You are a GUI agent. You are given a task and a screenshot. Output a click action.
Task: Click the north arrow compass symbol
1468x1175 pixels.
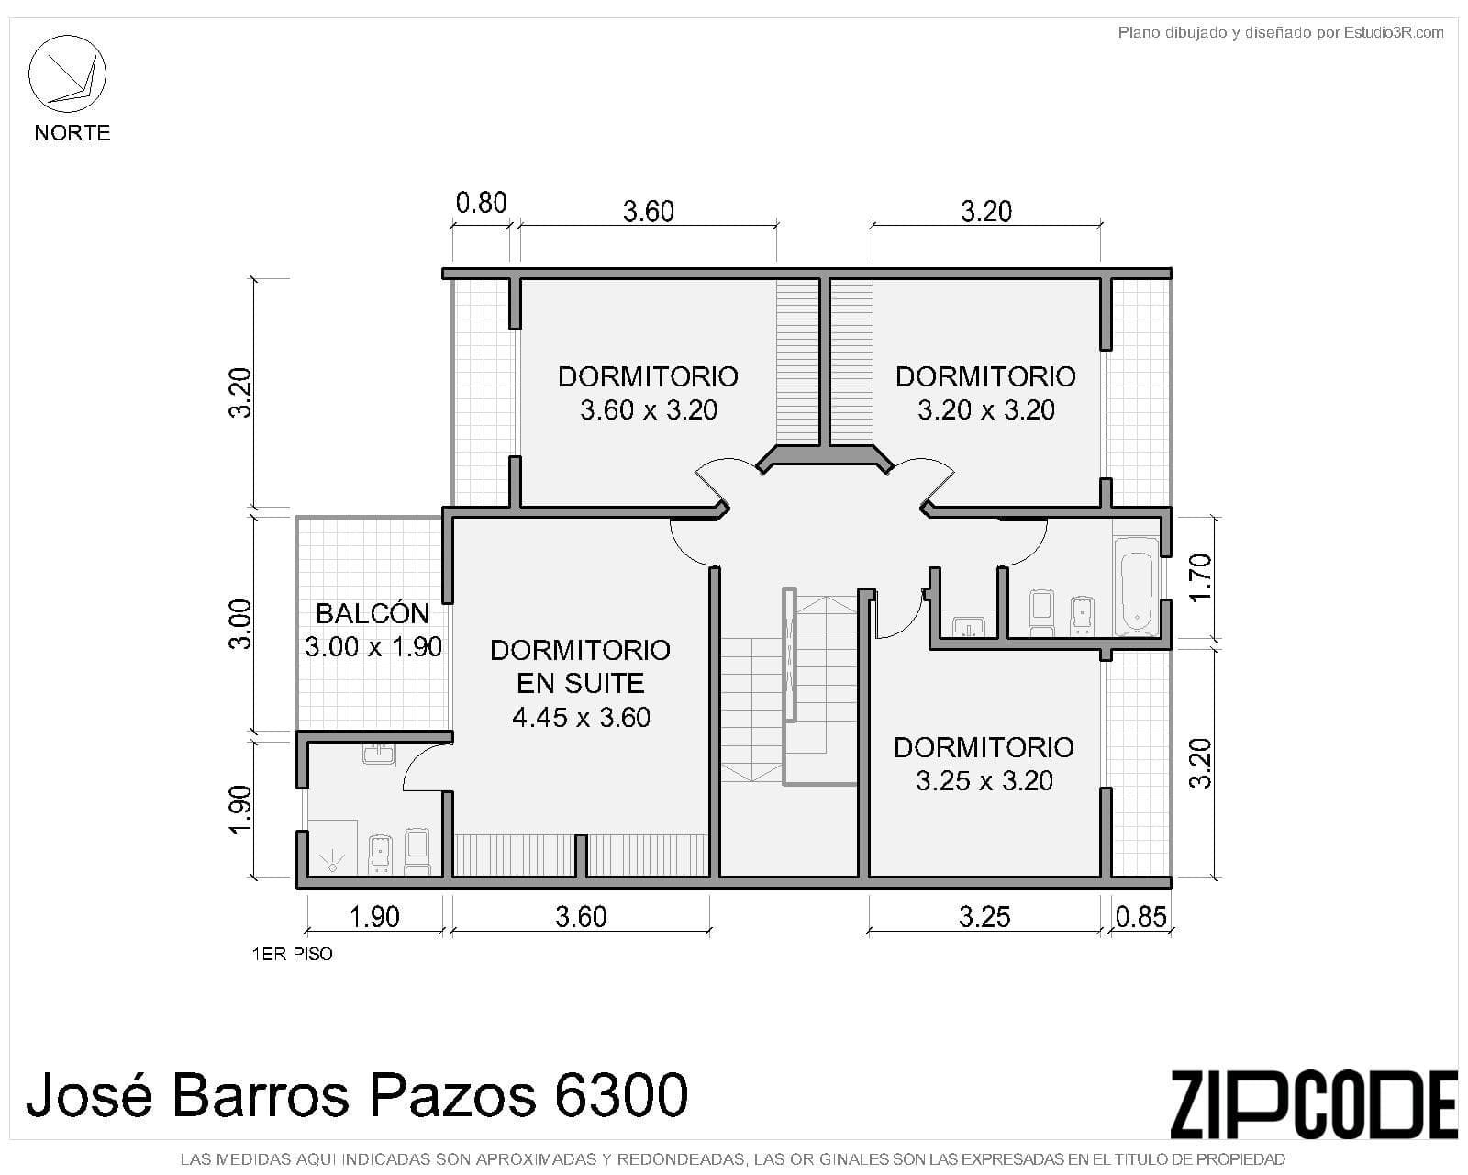coord(67,73)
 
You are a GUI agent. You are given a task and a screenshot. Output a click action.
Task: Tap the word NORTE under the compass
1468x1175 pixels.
coord(72,132)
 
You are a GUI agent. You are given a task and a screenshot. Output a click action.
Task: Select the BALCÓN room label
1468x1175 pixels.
coord(373,613)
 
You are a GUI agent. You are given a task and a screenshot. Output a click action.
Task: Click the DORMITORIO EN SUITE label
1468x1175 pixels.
coord(581,666)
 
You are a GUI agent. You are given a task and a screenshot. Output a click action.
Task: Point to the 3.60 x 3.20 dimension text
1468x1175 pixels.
coord(649,409)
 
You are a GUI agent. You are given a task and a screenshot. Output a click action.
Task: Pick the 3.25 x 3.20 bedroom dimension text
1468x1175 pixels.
coord(984,780)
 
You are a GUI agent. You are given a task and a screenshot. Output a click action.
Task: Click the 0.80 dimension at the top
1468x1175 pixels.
coord(482,203)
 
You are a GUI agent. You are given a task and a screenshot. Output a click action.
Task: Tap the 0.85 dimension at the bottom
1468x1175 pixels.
coord(1140,917)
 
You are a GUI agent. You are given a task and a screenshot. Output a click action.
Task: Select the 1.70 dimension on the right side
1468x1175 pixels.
coord(1200,577)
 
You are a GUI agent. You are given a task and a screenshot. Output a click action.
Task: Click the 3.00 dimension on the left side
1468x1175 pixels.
coord(240,624)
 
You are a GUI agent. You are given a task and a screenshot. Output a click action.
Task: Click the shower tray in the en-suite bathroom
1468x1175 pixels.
coord(332,847)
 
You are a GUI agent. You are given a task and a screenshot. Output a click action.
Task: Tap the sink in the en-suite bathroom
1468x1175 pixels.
coord(378,755)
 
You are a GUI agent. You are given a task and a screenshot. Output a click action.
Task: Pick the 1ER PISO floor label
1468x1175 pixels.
coord(292,954)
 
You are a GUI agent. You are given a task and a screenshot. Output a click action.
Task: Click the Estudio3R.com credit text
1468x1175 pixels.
coord(1394,32)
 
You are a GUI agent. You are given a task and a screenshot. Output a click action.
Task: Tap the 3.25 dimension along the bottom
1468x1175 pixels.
coord(984,917)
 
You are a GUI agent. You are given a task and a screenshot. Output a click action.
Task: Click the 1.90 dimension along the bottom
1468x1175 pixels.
coord(374,917)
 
